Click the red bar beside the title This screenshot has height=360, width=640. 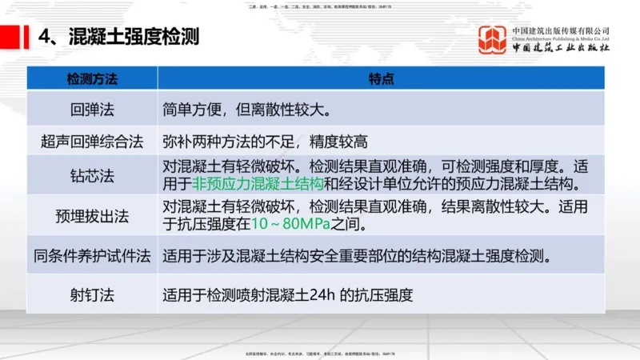point(12,37)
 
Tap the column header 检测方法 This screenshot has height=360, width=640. point(92,78)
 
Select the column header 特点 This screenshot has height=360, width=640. point(380,78)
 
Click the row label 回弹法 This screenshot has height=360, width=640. point(92,107)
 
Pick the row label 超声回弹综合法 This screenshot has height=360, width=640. point(92,142)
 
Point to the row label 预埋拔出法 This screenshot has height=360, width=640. point(92,216)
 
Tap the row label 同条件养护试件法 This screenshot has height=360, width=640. point(92,258)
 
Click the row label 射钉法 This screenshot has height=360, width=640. point(92,294)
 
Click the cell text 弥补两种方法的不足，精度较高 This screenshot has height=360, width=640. point(265,142)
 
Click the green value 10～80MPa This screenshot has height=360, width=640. point(290,226)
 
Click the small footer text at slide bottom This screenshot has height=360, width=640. point(320,353)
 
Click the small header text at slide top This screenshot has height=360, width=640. point(320,6)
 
